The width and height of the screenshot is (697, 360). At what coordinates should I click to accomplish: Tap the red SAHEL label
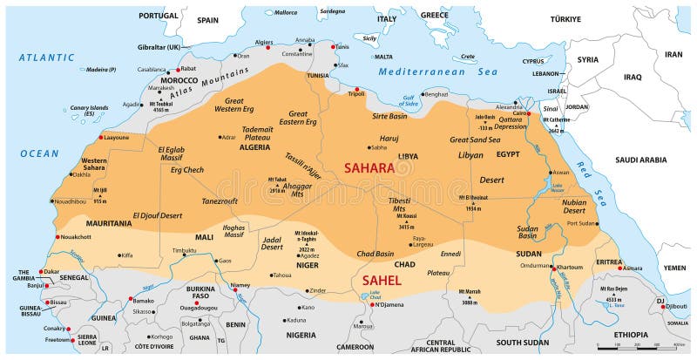(381, 280)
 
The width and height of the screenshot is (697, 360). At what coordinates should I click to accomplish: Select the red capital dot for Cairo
(527, 113)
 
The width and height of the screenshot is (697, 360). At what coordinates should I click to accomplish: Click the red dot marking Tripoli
(356, 89)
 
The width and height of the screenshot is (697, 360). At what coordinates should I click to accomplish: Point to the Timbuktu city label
(184, 250)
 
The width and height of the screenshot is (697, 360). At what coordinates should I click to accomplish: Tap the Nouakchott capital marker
(58, 236)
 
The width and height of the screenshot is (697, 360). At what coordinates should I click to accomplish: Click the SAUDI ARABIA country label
(640, 160)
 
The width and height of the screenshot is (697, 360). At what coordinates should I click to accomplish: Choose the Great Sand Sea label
(475, 139)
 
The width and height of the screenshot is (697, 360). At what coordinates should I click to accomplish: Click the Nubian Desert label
(573, 206)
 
